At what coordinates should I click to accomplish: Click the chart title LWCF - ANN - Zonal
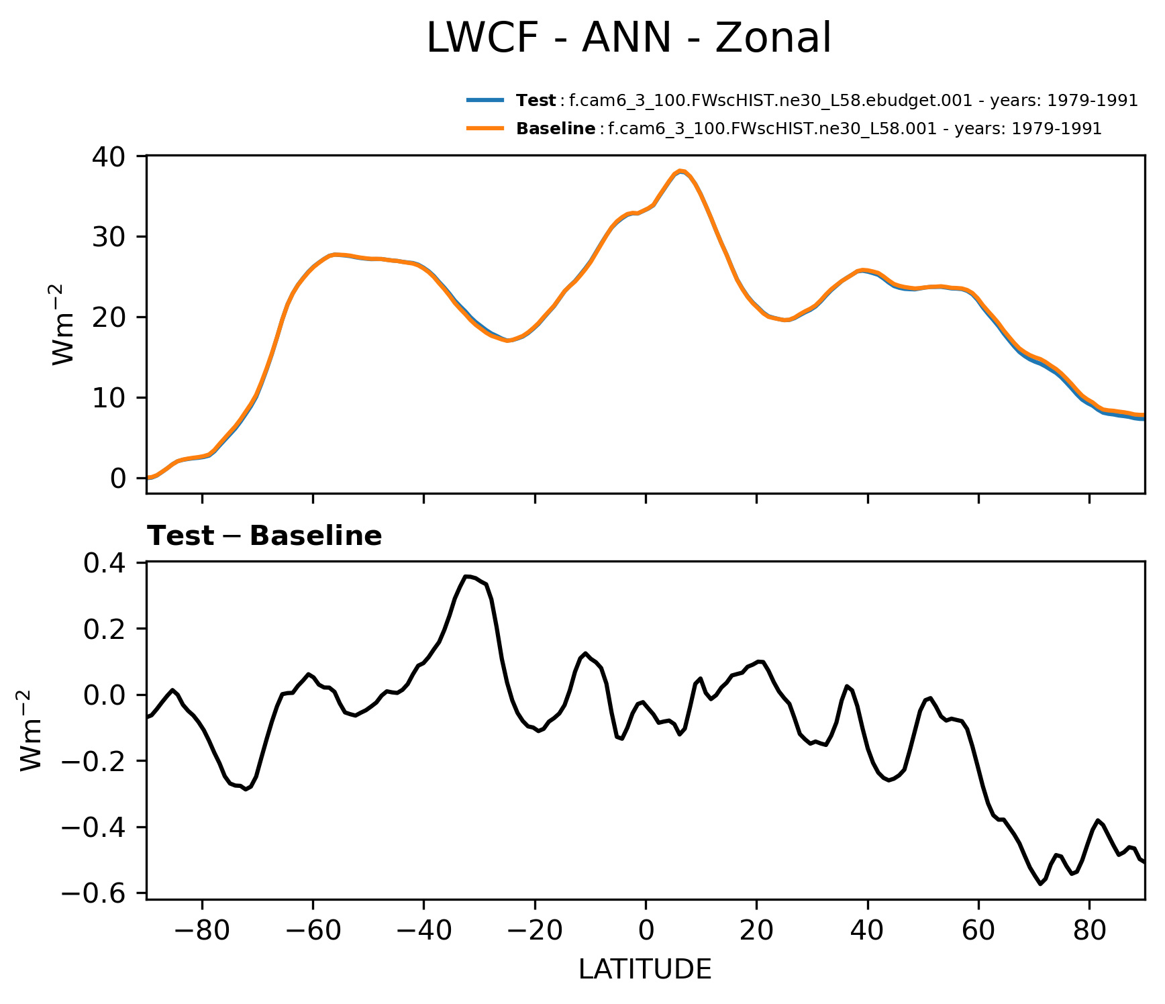(x=629, y=38)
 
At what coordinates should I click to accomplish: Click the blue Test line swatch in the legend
(x=485, y=101)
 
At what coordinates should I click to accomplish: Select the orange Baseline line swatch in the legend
(x=485, y=128)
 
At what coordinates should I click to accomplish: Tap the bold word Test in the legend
(x=536, y=101)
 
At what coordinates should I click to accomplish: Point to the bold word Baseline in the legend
(x=555, y=128)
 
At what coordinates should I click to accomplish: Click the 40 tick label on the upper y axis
(x=109, y=156)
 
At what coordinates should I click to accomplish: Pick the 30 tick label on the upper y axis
(x=109, y=237)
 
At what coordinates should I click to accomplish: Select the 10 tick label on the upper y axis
(x=109, y=398)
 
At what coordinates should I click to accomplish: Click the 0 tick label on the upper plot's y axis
(x=118, y=479)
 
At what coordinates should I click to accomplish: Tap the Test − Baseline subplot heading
(x=264, y=536)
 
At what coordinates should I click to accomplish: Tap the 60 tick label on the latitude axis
(x=978, y=932)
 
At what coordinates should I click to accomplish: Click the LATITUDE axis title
(x=645, y=970)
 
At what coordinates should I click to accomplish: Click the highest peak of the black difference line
(x=467, y=576)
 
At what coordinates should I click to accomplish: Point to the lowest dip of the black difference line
(x=1041, y=884)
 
